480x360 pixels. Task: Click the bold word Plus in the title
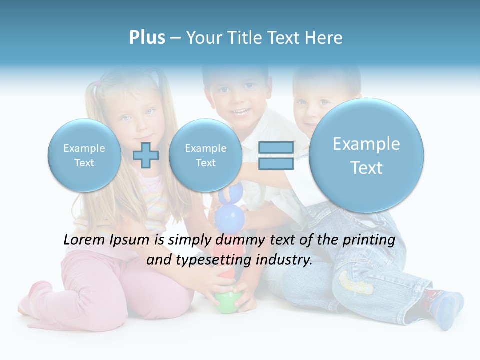pos(147,38)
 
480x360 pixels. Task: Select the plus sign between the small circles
pos(146,155)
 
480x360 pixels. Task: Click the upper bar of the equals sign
pos(275,147)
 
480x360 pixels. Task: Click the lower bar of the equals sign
pos(275,163)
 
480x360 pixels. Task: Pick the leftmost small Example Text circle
pos(84,155)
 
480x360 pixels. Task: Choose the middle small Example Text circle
pos(205,155)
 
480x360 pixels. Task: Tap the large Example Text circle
pos(366,155)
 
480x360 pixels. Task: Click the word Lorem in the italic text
pos(85,240)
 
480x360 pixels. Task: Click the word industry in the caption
pos(284,260)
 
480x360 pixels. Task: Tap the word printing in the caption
pos(369,240)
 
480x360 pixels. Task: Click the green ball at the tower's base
pos(227,302)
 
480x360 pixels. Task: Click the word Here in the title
pos(325,38)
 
